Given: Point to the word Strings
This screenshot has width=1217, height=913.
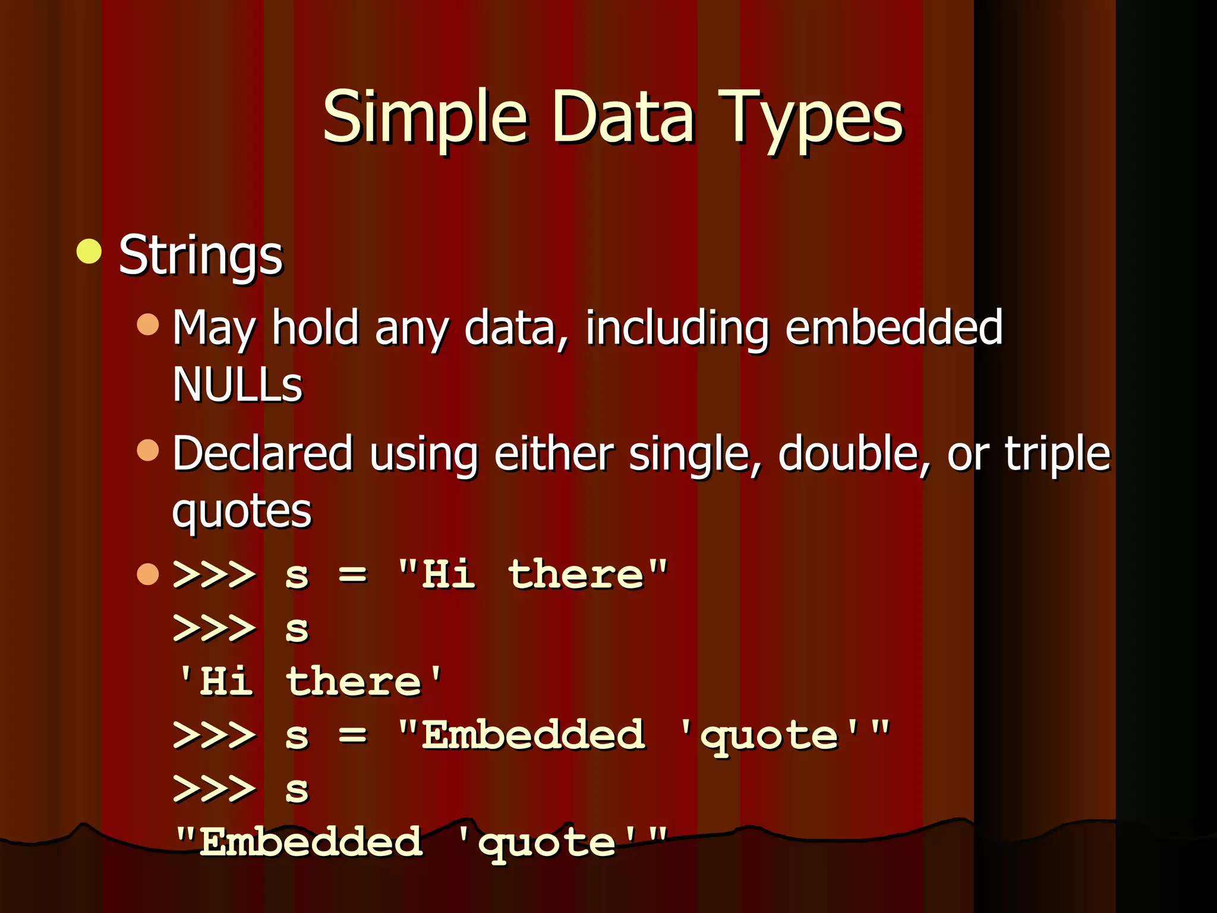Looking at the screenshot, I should (x=201, y=255).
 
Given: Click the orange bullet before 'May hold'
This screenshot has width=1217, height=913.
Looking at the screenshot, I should (x=148, y=325).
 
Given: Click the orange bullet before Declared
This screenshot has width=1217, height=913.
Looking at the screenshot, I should (x=148, y=450).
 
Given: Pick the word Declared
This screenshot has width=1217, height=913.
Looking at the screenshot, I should (x=263, y=454).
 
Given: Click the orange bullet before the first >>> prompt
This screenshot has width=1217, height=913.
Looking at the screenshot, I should (x=148, y=574).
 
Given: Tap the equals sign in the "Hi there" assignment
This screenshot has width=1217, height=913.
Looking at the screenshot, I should (x=353, y=575).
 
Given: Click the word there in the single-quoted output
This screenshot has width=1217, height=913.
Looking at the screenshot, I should (x=354, y=682).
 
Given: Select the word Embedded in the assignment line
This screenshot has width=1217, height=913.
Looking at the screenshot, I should (x=533, y=735).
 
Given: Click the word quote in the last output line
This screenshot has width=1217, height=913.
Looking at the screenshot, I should (x=547, y=842).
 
